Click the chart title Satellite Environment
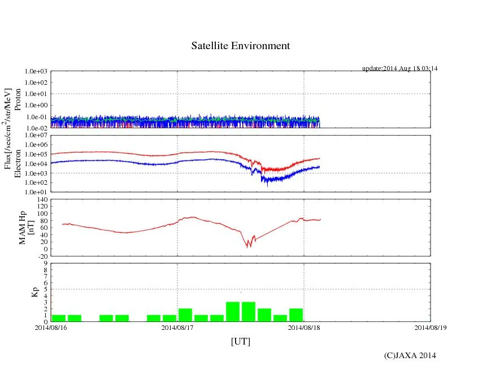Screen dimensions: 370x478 point(241,46)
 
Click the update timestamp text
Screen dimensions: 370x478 point(400,68)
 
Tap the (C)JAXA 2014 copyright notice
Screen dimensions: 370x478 point(410,355)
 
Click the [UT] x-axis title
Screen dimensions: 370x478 point(241,341)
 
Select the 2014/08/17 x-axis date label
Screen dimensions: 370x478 point(177,327)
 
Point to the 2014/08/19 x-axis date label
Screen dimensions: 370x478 point(430,327)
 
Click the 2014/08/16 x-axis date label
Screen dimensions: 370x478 point(51,327)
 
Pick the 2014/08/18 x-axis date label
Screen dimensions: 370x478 point(304,327)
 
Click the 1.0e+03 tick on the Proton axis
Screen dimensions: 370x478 point(36,72)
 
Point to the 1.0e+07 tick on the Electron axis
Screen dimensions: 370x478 point(36,136)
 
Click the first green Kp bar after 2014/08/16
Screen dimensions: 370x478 point(59,318)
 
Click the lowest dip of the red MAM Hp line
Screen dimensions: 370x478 point(247,246)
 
